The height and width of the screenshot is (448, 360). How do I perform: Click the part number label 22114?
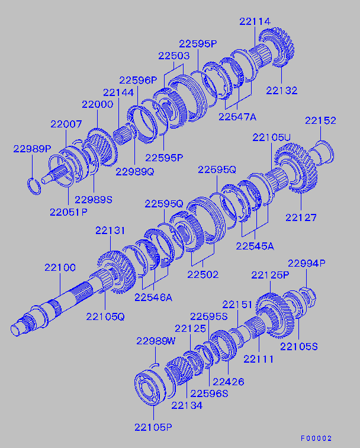(255, 21)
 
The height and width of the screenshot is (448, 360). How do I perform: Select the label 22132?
(282, 91)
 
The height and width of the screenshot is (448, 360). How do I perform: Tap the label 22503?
(174, 56)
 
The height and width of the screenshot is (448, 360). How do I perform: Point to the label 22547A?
(237, 117)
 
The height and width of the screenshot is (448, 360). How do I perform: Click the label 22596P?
(138, 80)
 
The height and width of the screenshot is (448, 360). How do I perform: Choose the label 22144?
(118, 92)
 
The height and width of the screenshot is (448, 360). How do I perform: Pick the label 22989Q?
(135, 172)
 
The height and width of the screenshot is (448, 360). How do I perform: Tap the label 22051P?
(69, 212)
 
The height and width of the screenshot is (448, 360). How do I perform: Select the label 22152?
(320, 120)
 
